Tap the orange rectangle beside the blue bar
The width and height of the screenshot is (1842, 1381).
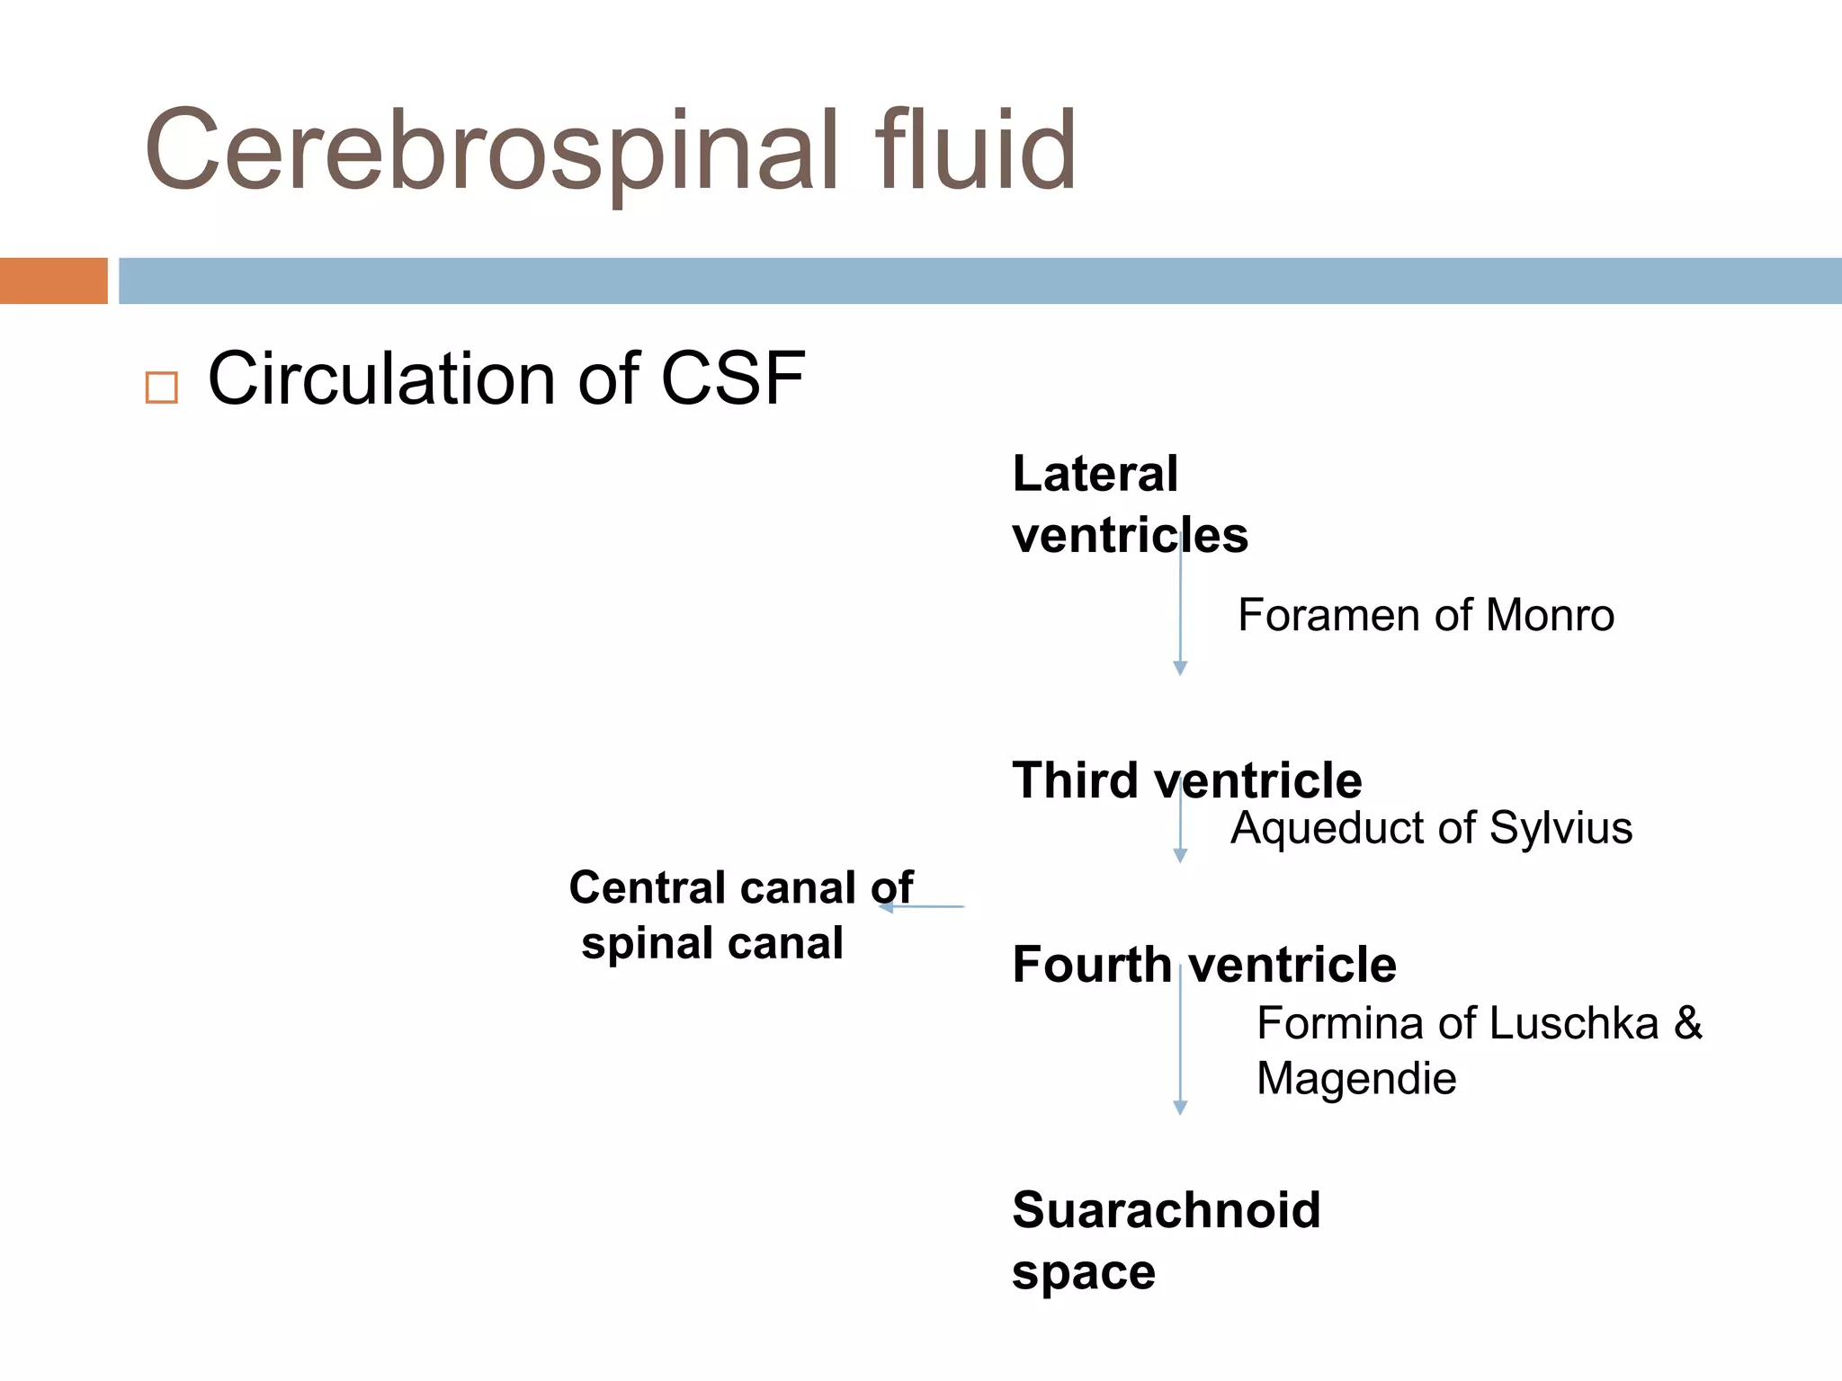(x=53, y=281)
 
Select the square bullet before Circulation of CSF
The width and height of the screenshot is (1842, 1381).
(x=161, y=388)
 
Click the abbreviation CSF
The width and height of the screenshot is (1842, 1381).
(x=732, y=379)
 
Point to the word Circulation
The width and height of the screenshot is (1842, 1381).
(x=381, y=379)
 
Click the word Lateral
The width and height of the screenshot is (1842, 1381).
(x=1095, y=474)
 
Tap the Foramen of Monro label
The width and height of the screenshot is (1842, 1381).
(x=1426, y=616)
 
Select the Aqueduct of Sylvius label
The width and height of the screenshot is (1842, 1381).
(x=1431, y=828)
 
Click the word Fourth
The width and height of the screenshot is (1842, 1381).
(x=1091, y=965)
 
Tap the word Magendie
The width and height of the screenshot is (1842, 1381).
(x=1355, y=1078)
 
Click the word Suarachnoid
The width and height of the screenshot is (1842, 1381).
(x=1166, y=1210)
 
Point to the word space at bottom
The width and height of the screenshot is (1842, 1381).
(x=1083, y=1272)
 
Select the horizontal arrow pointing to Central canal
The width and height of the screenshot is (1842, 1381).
(x=922, y=907)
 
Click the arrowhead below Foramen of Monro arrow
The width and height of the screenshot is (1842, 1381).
(x=1180, y=668)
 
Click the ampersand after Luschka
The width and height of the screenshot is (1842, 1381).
(x=1687, y=1023)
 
